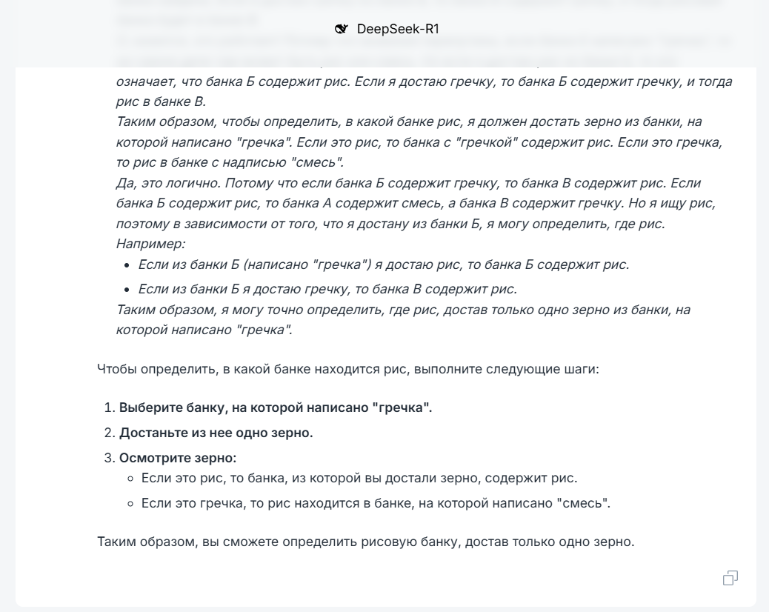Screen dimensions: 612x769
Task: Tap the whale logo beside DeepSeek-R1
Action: pyautogui.click(x=342, y=29)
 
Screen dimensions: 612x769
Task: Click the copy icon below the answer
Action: pyautogui.click(x=730, y=578)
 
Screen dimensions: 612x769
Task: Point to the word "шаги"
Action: pyautogui.click(x=584, y=368)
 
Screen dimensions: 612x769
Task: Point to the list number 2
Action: pyautogui.click(x=108, y=433)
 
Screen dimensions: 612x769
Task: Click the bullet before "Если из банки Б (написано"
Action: pyautogui.click(x=129, y=265)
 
